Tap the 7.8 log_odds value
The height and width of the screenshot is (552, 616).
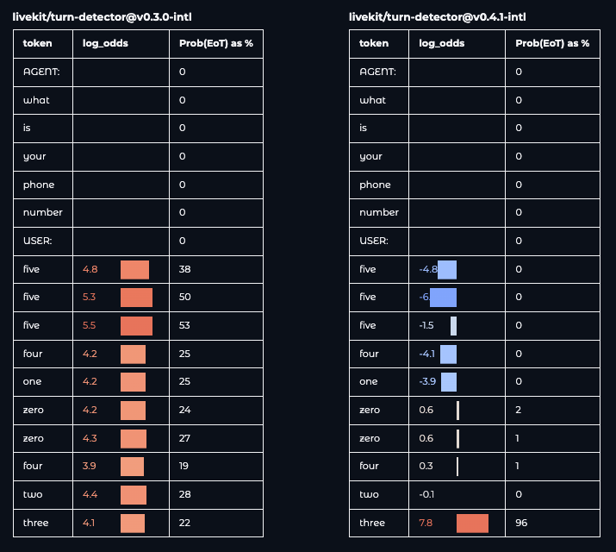pos(426,523)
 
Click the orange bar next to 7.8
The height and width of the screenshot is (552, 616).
pos(472,523)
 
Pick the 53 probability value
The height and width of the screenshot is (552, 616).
pos(184,325)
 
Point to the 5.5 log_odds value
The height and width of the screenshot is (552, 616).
pos(90,325)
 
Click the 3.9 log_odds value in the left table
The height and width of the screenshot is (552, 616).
pos(90,466)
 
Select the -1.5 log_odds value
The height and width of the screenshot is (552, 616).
pos(426,325)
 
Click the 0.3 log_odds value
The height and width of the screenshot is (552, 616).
pos(426,466)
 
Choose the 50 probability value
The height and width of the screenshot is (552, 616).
pos(184,297)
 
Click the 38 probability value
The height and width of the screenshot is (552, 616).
pos(184,269)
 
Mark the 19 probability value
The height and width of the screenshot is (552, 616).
pos(184,466)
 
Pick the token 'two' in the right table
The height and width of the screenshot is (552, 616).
pos(368,494)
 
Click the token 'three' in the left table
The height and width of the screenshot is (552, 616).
pos(35,523)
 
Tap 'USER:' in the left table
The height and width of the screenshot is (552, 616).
pos(37,241)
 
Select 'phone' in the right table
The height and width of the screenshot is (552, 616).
pos(375,185)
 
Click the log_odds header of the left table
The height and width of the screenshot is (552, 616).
pos(105,43)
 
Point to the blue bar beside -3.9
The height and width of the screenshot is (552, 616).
pos(448,381)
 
